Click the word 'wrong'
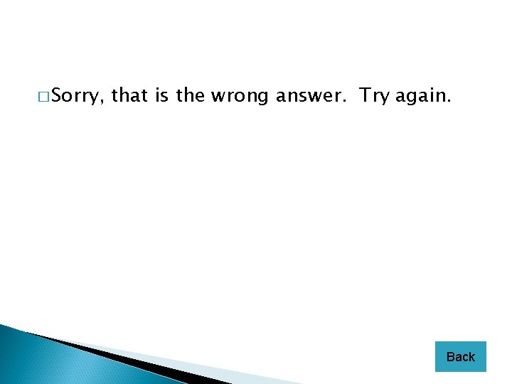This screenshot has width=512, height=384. [x=239, y=96]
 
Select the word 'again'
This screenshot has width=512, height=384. [x=421, y=96]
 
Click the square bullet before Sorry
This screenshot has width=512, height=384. [x=44, y=96]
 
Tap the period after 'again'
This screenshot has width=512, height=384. [x=449, y=102]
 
